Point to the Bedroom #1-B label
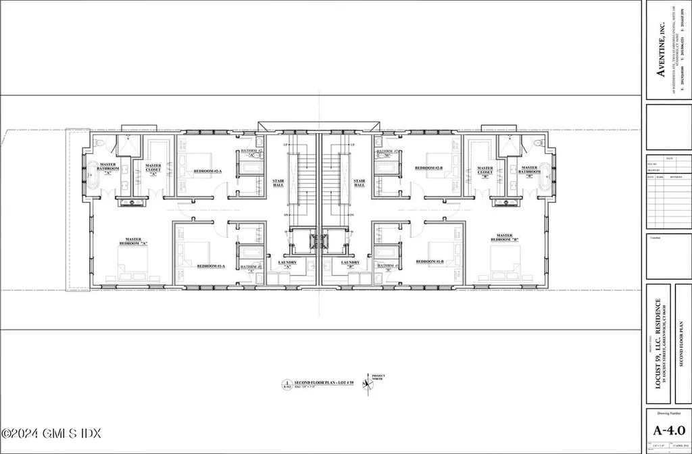(x=429, y=261)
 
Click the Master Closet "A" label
(x=153, y=168)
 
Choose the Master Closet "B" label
(x=485, y=172)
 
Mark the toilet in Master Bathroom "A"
(x=100, y=143)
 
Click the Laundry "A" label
(x=287, y=265)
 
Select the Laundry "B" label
(x=350, y=265)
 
